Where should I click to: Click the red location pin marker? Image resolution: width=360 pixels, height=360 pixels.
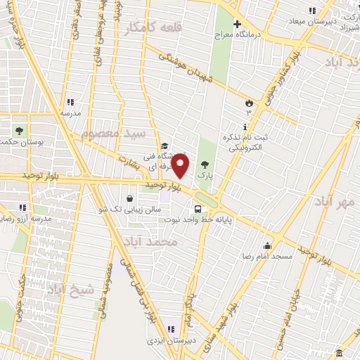tap(181, 165)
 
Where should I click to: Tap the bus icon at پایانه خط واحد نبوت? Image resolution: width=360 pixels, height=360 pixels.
tap(198, 209)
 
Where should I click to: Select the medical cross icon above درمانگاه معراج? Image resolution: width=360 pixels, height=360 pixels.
tap(238, 23)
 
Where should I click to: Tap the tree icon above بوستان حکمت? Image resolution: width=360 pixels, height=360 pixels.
tap(19, 131)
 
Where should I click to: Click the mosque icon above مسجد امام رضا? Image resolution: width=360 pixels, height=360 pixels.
tap(267, 245)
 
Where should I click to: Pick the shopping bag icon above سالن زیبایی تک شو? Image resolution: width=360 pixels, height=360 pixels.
tap(131, 198)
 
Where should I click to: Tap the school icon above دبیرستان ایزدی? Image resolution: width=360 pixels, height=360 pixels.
tap(170, 328)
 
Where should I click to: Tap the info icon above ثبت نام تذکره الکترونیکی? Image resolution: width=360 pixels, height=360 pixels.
tap(245, 127)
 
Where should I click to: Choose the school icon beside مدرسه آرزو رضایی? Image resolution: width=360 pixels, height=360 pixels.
tap(22, 207)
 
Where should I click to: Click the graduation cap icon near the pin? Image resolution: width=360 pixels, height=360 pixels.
tap(164, 146)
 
